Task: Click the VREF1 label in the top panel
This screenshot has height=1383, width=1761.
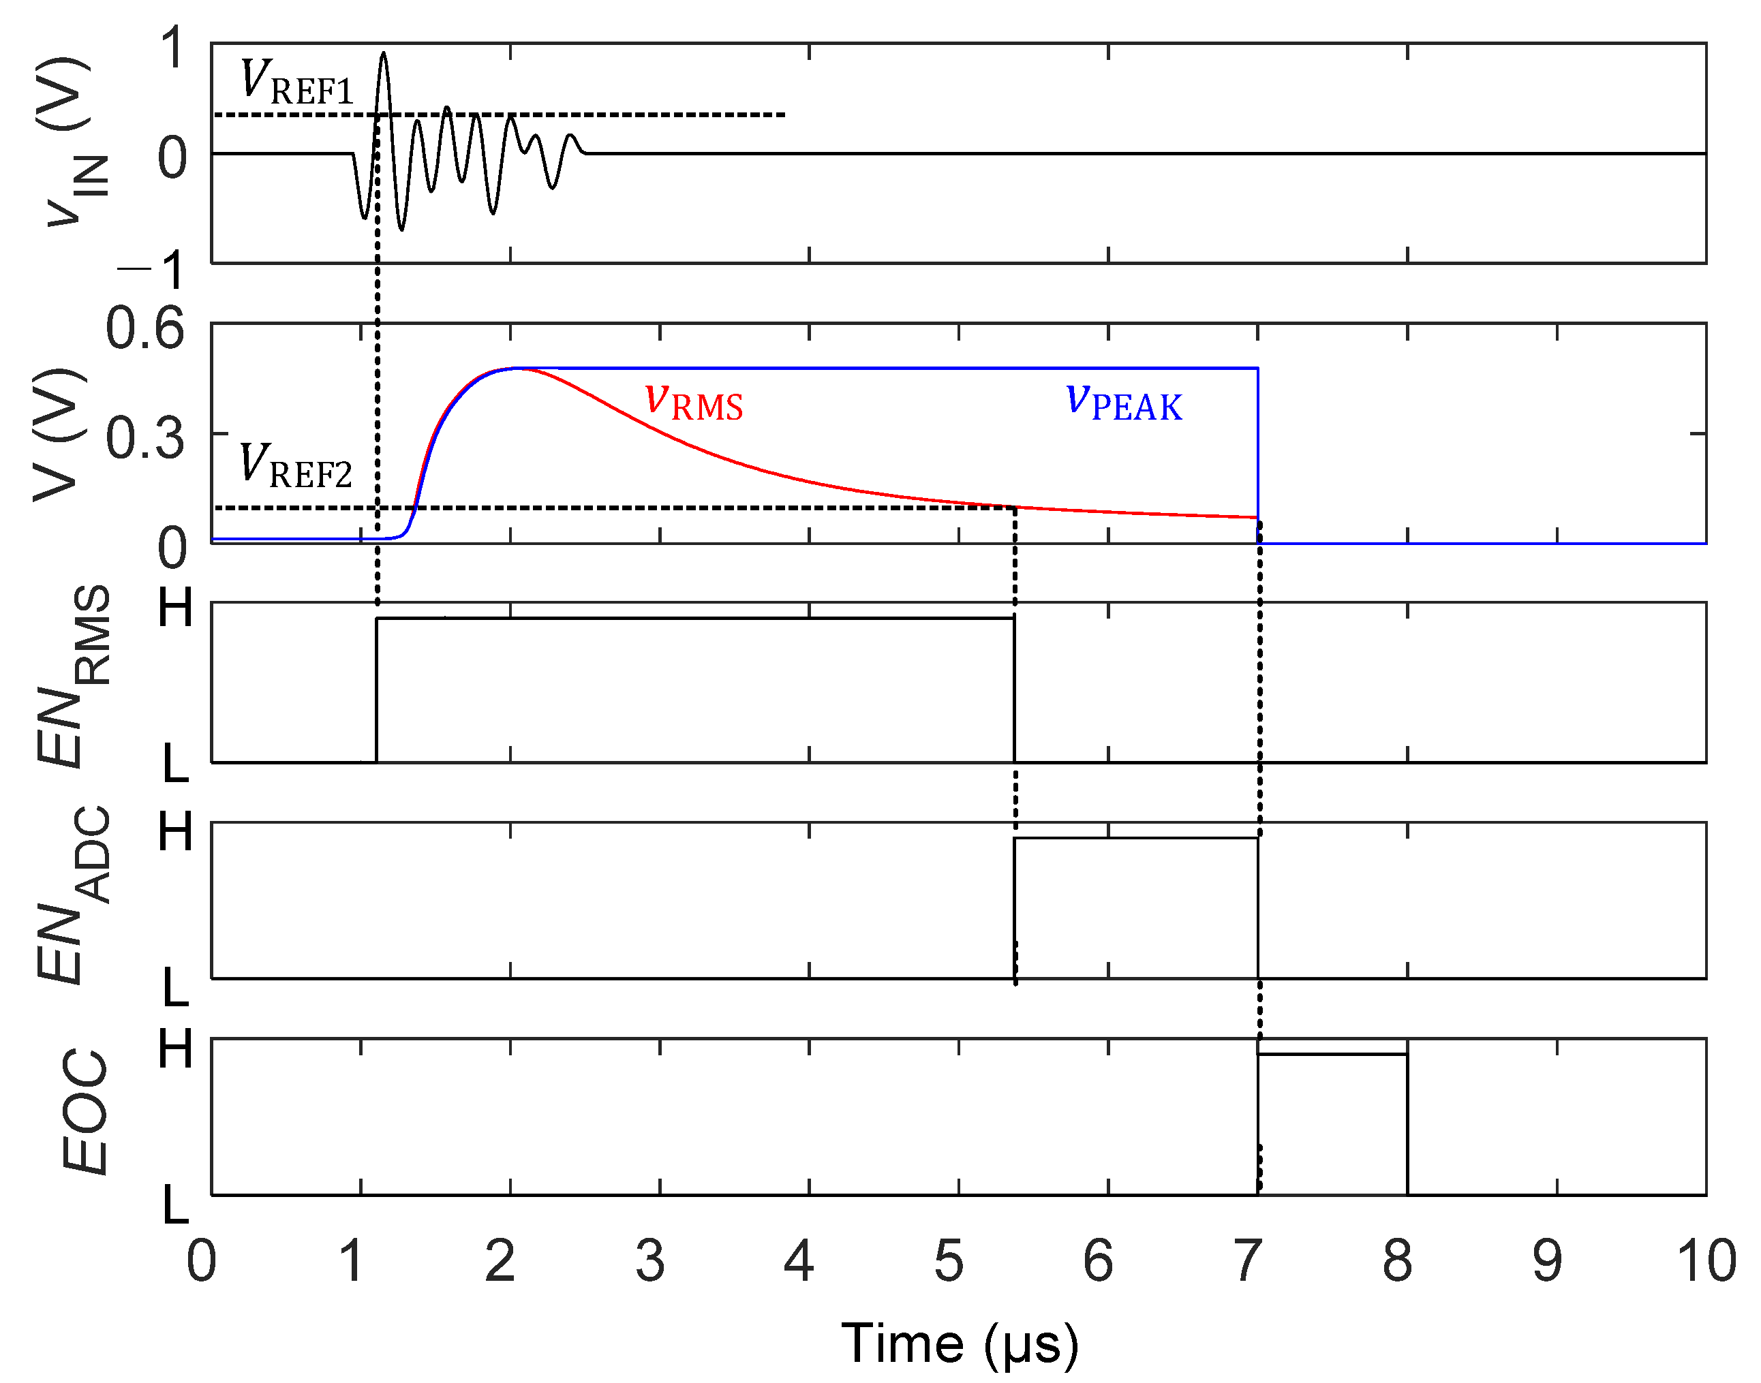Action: tap(297, 82)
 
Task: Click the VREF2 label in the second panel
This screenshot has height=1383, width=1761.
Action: tap(296, 467)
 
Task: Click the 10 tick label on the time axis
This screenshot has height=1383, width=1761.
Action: tap(1706, 1261)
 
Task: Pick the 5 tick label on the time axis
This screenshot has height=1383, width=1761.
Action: tap(949, 1261)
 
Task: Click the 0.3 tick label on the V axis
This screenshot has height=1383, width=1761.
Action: tap(145, 438)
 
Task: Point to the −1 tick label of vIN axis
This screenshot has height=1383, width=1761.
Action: tap(154, 270)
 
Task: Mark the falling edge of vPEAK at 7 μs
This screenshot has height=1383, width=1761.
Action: tap(1258, 454)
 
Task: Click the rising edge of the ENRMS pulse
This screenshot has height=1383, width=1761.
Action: tap(377, 688)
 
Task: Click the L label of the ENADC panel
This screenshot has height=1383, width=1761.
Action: tap(175, 988)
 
